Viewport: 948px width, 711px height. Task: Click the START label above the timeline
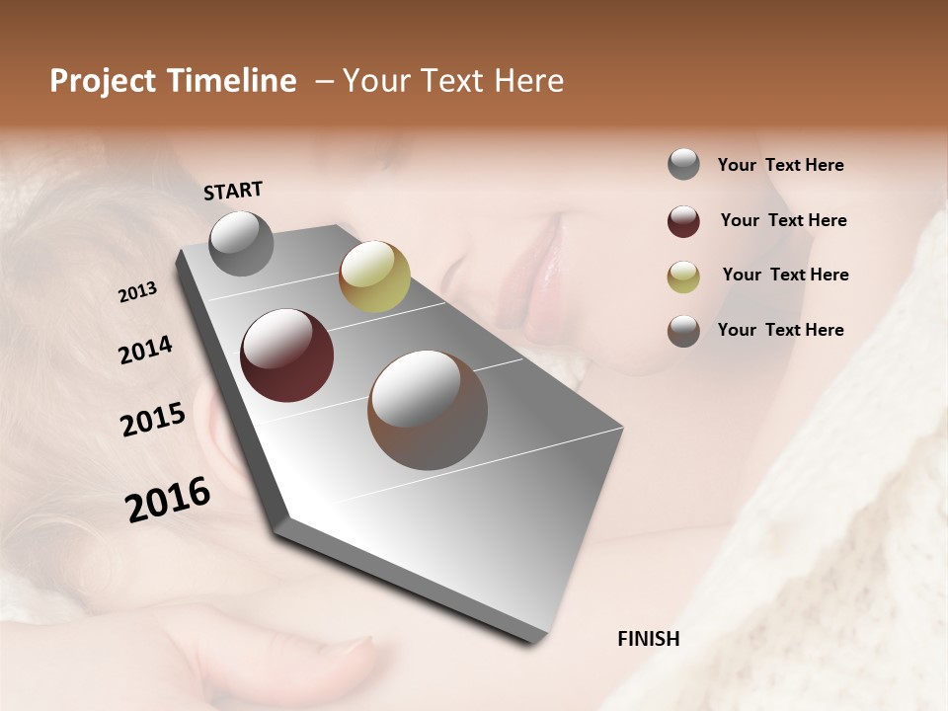[x=233, y=191]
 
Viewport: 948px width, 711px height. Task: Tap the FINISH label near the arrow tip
[x=648, y=639]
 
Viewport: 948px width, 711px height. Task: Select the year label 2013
[x=138, y=292]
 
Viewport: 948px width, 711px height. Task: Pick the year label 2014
[x=145, y=350]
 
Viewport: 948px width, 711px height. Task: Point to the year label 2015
[x=153, y=420]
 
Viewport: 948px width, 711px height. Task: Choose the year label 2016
[x=168, y=499]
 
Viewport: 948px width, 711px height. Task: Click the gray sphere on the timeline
[x=242, y=243]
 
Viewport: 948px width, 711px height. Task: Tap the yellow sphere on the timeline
[x=374, y=276]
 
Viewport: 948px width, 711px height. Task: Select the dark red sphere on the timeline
[x=287, y=355]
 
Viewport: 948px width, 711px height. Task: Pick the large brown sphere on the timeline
[x=428, y=410]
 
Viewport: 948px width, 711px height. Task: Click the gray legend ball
[x=683, y=165]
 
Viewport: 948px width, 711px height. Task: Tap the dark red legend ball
[x=683, y=221]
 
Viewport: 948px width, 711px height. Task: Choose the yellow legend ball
[x=683, y=276]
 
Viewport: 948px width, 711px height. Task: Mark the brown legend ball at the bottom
[x=683, y=331]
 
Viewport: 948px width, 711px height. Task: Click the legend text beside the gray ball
[x=780, y=165]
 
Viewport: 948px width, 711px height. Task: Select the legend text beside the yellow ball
[x=785, y=275]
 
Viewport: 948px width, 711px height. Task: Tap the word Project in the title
[x=103, y=81]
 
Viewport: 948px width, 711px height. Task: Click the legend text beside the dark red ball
[x=783, y=220]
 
